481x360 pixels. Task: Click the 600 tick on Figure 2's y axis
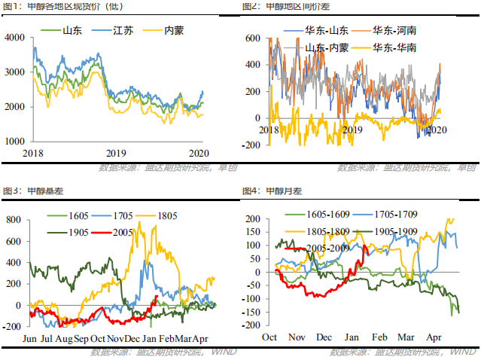coord(253,38)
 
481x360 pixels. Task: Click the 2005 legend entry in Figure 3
coord(130,233)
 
